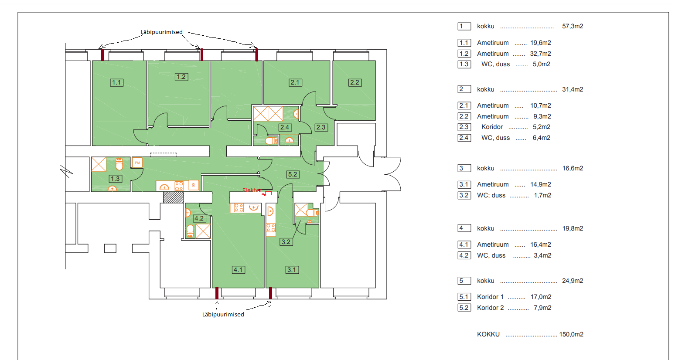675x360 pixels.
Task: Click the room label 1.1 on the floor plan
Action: [x=116, y=82]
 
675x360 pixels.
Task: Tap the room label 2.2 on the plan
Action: [x=355, y=82]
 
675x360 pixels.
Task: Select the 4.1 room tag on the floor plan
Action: [x=239, y=270]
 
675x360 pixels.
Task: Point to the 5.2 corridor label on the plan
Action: [x=293, y=174]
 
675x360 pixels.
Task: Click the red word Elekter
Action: [x=251, y=190]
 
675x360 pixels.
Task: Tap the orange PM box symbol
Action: [x=137, y=163]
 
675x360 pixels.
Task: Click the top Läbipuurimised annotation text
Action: [x=161, y=32]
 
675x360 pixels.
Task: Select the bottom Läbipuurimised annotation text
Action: [x=223, y=315]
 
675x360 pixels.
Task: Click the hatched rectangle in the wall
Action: [x=174, y=197]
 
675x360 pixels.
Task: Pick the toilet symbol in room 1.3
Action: [x=119, y=164]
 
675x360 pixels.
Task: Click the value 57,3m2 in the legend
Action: [x=573, y=26]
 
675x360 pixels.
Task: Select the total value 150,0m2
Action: [x=571, y=334]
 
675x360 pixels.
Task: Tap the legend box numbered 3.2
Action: [x=464, y=195]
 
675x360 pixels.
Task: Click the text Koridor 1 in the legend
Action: [x=490, y=297]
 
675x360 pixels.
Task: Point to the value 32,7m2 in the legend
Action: [x=541, y=54]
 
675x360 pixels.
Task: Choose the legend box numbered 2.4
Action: [x=464, y=138]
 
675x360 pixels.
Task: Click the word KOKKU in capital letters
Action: [x=488, y=334]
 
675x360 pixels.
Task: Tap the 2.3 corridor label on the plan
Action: [x=321, y=127]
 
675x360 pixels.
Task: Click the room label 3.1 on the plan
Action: [x=292, y=270]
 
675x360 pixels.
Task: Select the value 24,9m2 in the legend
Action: [x=573, y=281]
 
